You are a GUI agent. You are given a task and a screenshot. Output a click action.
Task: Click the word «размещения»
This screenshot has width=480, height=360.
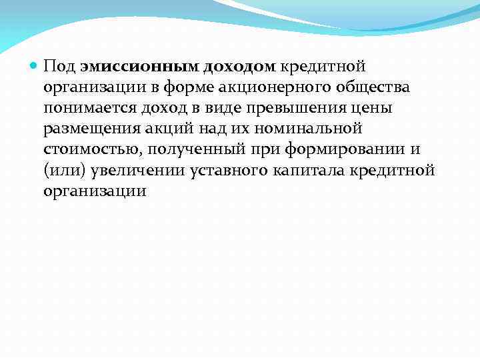click(87, 129)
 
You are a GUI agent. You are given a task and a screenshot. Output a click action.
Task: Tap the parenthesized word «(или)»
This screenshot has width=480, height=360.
click(63, 170)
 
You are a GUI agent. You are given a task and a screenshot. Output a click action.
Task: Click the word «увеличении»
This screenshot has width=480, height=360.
click(134, 170)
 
